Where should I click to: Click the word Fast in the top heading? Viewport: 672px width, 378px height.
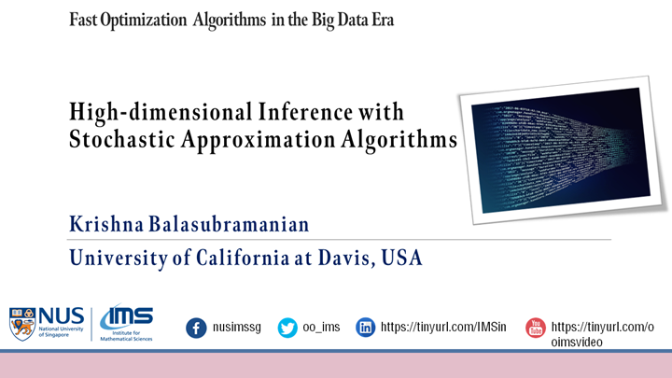tap(87, 21)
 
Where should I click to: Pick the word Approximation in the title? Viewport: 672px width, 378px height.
tap(259, 140)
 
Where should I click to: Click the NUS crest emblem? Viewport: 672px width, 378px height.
tap(22, 323)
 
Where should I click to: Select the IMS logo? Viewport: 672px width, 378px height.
tap(126, 323)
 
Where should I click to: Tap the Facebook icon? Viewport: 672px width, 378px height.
tap(196, 328)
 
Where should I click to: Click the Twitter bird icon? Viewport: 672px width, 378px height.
tap(287, 328)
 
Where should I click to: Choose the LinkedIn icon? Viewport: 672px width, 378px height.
tap(367, 328)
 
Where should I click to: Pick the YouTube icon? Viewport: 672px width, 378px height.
tap(535, 328)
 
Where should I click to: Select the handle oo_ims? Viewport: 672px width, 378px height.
tap(322, 328)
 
